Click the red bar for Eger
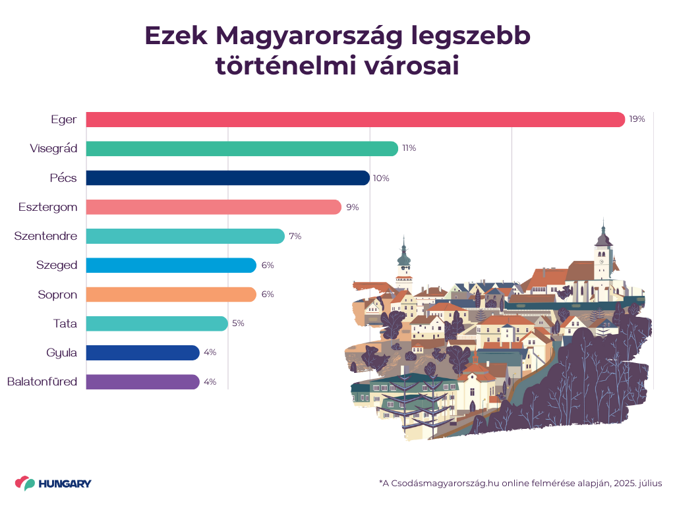pos(355,119)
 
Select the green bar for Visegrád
pos(242,149)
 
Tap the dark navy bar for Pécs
pos(227,178)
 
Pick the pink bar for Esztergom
pos(214,207)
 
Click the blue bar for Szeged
pos(171,266)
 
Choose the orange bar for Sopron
pos(171,295)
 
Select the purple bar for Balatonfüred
pos(142,382)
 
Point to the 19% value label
pos(637,119)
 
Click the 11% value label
pos(409,149)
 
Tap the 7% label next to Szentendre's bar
pos(295,237)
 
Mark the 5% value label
pos(238,323)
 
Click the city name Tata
pos(65,323)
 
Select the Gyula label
pos(62,352)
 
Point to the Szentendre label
pos(45,236)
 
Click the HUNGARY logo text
pos(65,484)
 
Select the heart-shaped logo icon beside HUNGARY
pos(25,484)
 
